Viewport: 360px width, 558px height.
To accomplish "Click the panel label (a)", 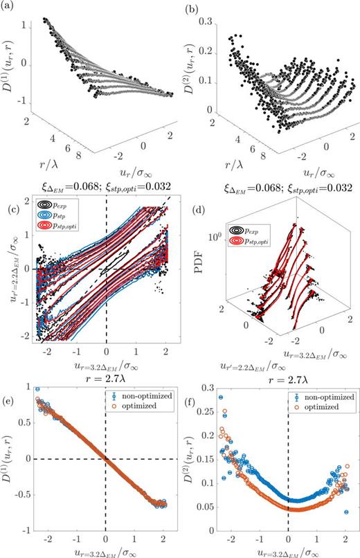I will (10, 7).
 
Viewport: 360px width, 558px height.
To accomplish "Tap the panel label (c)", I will (10, 200).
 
